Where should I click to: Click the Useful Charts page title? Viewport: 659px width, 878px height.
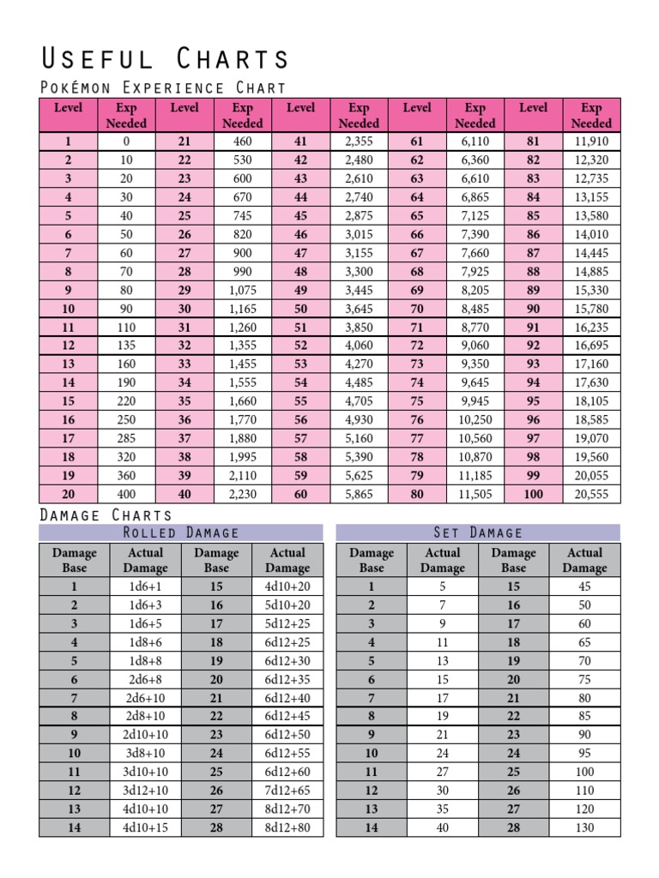point(166,59)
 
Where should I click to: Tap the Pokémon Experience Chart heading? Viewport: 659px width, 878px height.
point(163,87)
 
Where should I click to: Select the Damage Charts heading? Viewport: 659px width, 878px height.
point(106,514)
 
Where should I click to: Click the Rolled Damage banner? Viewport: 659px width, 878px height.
point(181,532)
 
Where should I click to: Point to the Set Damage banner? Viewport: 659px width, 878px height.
point(478,532)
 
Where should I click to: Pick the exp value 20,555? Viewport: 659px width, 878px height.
point(591,494)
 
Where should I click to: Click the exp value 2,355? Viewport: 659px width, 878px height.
point(359,141)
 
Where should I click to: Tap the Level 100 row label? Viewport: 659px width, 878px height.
point(533,494)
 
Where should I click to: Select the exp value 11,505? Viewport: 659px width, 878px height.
point(475,494)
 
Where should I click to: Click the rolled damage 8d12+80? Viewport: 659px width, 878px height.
point(287,828)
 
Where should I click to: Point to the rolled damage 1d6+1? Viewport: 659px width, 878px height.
point(145,586)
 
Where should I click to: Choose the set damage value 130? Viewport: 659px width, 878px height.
point(584,828)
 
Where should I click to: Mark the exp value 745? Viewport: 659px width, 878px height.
point(242,216)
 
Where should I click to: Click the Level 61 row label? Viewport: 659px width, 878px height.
point(417,141)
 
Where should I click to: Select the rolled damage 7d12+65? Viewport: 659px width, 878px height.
point(287,791)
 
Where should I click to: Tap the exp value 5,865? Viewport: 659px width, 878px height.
point(359,494)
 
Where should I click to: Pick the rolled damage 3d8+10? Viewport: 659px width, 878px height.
point(145,754)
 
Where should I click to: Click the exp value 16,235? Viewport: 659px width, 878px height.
point(591,327)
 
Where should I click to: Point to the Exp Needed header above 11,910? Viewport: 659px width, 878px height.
point(591,116)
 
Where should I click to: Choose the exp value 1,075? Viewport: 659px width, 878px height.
point(242,290)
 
